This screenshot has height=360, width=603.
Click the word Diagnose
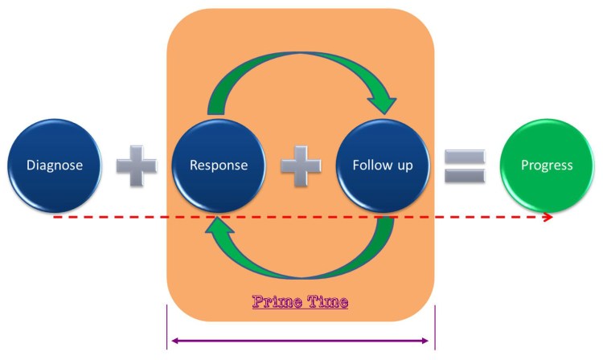[x=55, y=166]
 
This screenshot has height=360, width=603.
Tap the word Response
[x=218, y=166]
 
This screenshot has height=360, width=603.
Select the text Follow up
[x=383, y=166]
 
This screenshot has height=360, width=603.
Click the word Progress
[x=547, y=166]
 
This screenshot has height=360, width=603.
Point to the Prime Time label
[x=301, y=302]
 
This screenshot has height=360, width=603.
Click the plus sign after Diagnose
[x=136, y=166]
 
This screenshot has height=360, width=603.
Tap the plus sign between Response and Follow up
[x=300, y=166]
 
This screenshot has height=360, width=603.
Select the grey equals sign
[x=465, y=166]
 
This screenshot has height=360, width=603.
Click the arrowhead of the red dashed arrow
[x=548, y=217]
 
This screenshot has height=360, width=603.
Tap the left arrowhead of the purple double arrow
[x=174, y=341]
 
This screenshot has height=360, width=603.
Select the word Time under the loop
[x=326, y=302]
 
